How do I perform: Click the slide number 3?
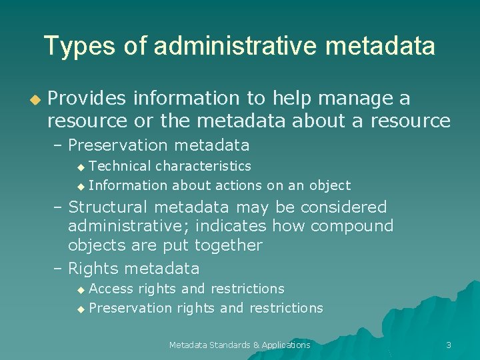(449, 345)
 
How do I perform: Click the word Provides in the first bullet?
(87, 99)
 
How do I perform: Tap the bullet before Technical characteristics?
(81, 167)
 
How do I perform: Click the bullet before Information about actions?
(81, 186)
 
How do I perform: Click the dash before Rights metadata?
(58, 269)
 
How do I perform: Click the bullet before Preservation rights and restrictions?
(81, 309)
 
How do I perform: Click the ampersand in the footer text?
(256, 345)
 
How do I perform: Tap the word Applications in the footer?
(286, 345)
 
